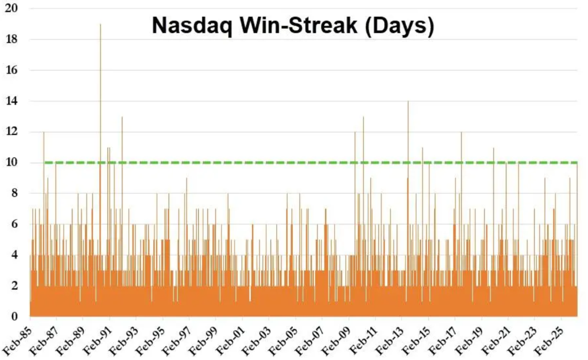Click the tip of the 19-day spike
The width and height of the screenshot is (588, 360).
[100, 25]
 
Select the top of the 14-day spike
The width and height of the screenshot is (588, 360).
[408, 102]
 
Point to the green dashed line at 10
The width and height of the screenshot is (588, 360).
[287, 163]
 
